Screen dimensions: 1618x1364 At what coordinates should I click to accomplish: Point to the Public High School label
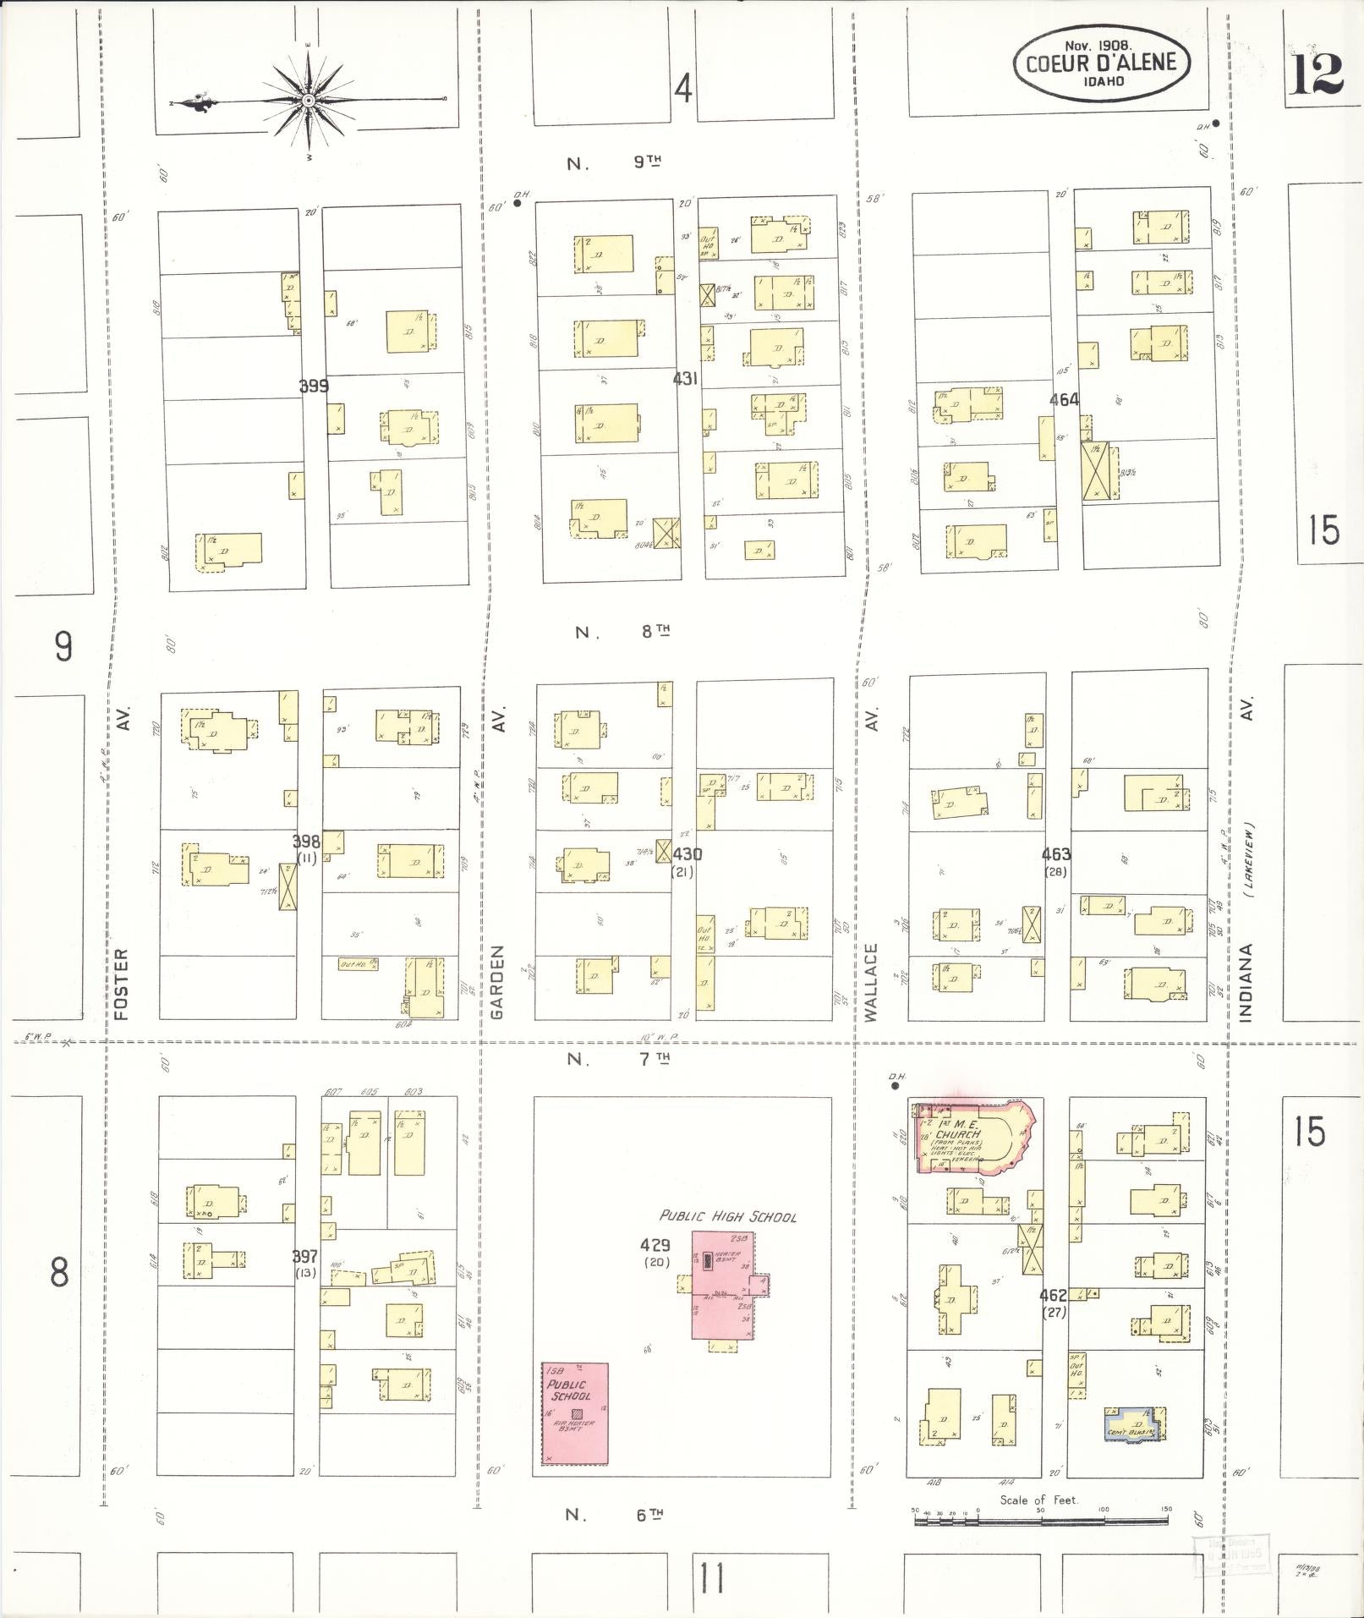[727, 1216]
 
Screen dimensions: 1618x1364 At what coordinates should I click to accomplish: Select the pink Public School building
[575, 1412]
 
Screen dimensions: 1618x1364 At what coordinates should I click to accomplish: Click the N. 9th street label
[614, 163]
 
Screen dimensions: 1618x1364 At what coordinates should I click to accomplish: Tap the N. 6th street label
[614, 1514]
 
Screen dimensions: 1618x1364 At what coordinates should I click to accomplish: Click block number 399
[314, 387]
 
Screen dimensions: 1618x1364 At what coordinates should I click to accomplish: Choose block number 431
[685, 379]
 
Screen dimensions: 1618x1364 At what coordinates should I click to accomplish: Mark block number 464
[1064, 399]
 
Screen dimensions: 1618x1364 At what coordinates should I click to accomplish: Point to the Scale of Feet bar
[1040, 1521]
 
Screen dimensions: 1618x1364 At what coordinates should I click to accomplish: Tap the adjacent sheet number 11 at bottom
[712, 1578]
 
